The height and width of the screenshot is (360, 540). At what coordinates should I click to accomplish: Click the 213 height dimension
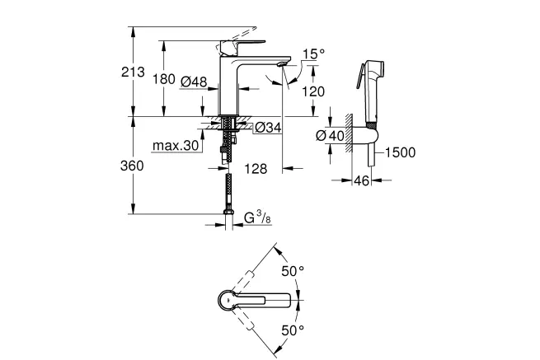coord(133,72)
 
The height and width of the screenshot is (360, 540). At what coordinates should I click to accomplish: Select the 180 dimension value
coord(164,79)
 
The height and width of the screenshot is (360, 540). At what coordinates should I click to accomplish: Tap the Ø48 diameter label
coord(194,82)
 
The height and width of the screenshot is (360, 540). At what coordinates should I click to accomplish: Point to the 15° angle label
coord(314,54)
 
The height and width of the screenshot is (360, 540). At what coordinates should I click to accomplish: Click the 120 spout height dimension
coord(313,91)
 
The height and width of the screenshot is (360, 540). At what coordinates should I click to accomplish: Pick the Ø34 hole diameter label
coord(268,128)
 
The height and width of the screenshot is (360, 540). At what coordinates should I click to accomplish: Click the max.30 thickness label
coord(176,146)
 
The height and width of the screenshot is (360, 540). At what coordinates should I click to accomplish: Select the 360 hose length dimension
coord(132,166)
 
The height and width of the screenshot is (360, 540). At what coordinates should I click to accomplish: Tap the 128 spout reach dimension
coord(256,169)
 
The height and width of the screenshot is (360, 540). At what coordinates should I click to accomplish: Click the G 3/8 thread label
coord(257,218)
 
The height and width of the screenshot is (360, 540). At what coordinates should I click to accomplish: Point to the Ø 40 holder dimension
coord(330,136)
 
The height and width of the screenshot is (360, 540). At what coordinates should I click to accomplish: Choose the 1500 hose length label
coord(400,152)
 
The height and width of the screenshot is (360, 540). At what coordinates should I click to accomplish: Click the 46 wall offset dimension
coord(362,180)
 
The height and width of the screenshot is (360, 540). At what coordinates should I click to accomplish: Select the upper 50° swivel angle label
coord(293,271)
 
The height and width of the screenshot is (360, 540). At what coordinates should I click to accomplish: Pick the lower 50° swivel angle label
coord(293,330)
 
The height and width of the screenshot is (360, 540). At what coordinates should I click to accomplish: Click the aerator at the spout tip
coord(282,64)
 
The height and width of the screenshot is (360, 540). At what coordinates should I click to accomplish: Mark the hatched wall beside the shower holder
coord(349,133)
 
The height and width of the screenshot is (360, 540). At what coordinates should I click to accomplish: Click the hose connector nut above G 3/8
coord(228,212)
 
